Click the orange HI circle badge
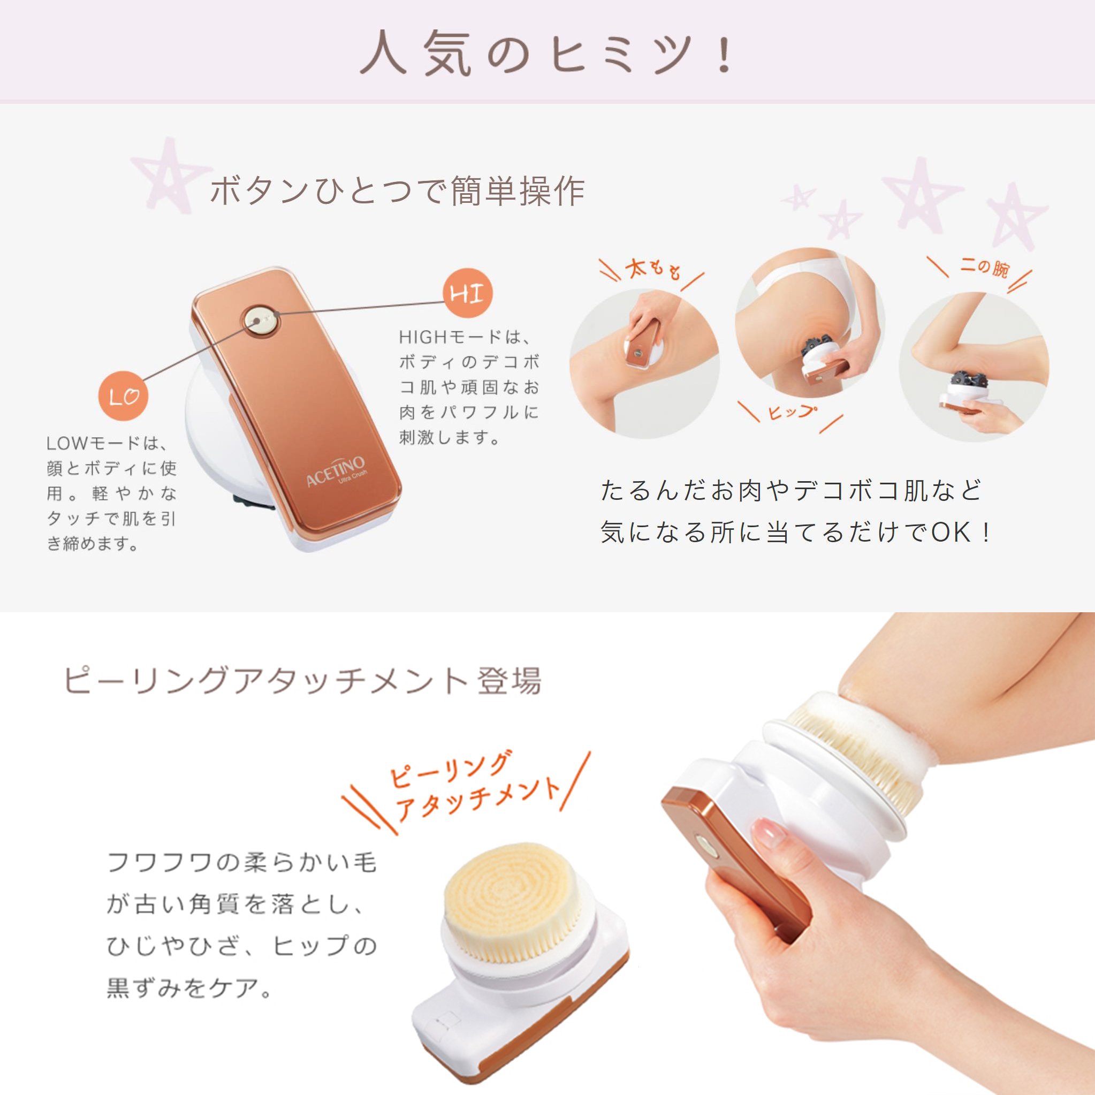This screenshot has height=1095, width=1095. tap(468, 293)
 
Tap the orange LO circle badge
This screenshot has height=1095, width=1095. tap(123, 396)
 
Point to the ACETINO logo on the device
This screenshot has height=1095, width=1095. tap(336, 472)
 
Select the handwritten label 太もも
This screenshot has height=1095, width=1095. tap(653, 270)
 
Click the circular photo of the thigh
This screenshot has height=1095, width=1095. tap(644, 363)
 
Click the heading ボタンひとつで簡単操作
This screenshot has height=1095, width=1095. tap(397, 192)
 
